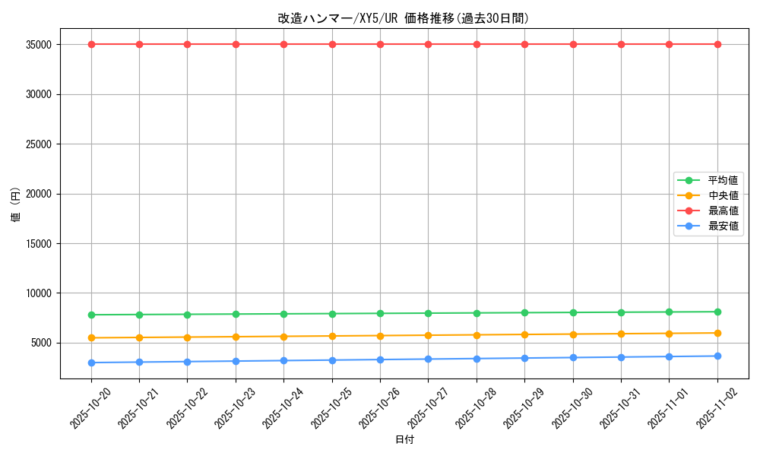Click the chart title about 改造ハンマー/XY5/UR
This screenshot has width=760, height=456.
coord(404,18)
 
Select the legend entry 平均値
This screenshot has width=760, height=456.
coord(723,180)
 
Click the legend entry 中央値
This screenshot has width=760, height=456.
coord(723,195)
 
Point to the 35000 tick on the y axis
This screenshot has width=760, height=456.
coord(38,45)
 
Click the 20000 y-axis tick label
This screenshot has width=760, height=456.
coord(38,194)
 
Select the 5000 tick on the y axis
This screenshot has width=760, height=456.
coord(41,343)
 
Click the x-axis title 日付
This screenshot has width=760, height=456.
coord(404,439)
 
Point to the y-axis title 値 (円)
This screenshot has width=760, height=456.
coord(16,206)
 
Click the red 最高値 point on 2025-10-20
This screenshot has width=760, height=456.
coord(91,44)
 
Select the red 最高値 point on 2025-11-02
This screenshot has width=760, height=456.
coord(717,44)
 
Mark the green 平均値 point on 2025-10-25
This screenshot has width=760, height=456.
coord(332,313)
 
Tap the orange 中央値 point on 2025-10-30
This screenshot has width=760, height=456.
coord(573,334)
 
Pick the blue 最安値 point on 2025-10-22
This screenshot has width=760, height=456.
coord(187,361)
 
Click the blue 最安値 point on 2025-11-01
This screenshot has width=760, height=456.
coord(669,356)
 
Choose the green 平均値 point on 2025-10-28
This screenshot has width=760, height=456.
coord(477,312)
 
